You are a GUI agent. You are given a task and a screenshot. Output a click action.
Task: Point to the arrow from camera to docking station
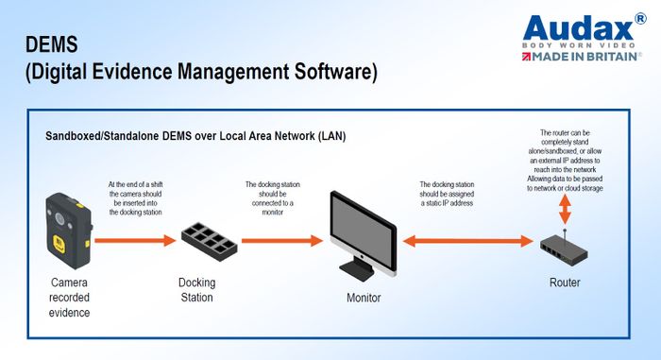137,240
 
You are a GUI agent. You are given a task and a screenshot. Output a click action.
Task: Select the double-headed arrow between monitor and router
466,240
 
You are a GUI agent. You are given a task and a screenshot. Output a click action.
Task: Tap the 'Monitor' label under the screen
363,298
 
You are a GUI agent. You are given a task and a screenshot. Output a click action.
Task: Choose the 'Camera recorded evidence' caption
69,298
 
